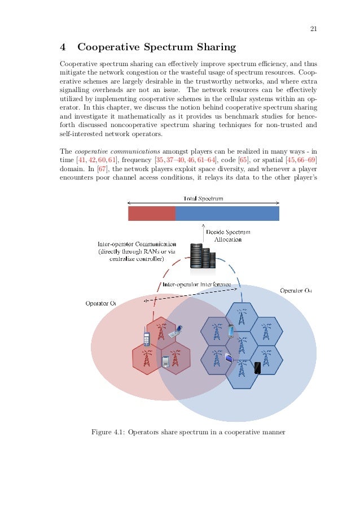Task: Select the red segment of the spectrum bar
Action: (152, 213)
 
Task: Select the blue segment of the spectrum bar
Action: (227, 213)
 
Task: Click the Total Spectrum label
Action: (203, 199)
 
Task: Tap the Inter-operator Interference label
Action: (196, 284)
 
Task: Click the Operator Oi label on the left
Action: (100, 303)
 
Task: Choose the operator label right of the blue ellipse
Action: (296, 291)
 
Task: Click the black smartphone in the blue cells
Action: (257, 368)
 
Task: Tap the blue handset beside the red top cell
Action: (146, 338)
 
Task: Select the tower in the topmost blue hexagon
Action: (241, 316)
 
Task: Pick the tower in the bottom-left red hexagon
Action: (147, 357)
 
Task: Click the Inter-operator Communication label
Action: (133, 245)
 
